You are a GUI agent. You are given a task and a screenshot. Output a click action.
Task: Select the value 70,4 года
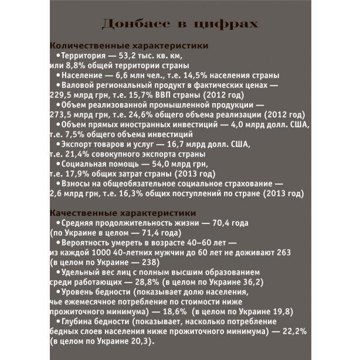click(x=228, y=223)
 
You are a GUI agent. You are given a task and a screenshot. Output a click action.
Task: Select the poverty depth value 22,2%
click(x=295, y=332)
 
